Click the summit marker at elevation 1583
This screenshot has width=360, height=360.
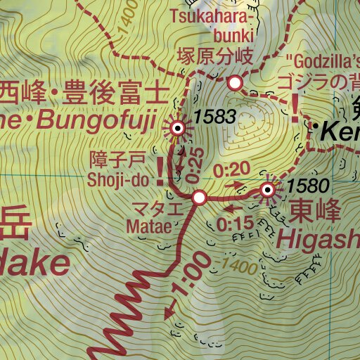[178, 128]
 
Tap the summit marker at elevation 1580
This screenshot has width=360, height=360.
[267, 189]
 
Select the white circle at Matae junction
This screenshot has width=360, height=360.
[199, 198]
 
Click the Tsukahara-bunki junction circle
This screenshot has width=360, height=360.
[235, 83]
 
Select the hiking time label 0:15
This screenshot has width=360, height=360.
[235, 225]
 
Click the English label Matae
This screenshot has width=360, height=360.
[149, 226]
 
